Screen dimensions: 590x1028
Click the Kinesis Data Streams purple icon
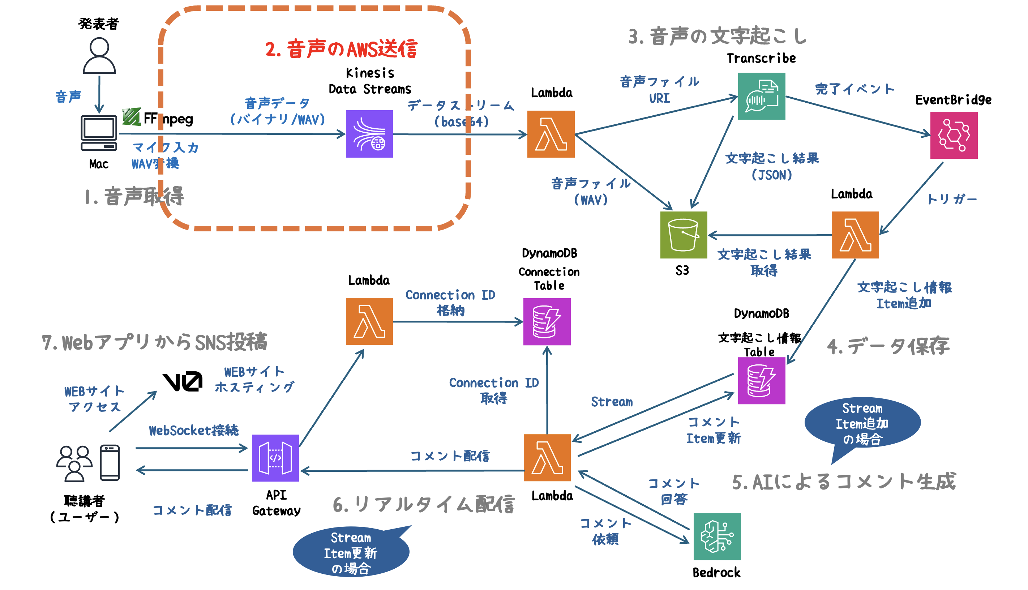pos(369,134)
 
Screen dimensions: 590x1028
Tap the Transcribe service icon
pos(761,96)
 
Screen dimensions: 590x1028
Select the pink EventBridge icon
pos(954,135)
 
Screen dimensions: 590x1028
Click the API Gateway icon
pos(275,458)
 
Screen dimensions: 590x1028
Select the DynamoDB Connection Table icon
pos(547,322)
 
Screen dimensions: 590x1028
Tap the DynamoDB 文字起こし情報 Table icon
pos(761,381)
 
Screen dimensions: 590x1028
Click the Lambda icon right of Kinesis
pos(551,134)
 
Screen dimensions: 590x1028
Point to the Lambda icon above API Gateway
pos(369,321)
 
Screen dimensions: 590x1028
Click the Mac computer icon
pos(99,133)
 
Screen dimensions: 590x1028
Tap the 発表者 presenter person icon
pos(99,56)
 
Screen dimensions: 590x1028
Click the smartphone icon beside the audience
pos(110,462)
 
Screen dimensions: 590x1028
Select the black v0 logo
pos(183,381)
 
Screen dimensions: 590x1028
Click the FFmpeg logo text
pos(158,118)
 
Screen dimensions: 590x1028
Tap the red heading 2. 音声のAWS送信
pos(341,49)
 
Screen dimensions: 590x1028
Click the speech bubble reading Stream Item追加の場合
pos(862,423)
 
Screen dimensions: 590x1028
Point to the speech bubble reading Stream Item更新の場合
pos(351,553)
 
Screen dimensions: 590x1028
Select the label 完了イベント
pos(854,89)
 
